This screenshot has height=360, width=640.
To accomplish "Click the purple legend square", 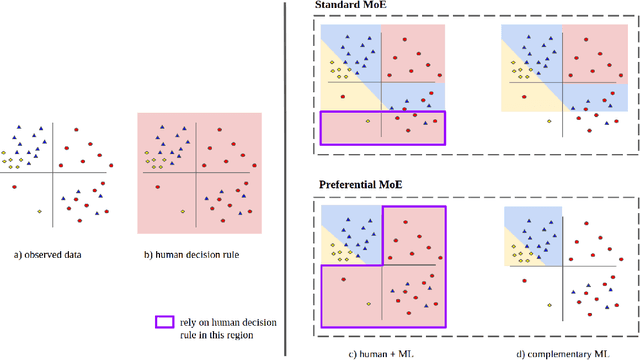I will point(161,322).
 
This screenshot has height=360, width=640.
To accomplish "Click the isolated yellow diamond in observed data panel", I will point(39,211).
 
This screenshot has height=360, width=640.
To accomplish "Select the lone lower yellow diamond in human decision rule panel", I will point(181,212).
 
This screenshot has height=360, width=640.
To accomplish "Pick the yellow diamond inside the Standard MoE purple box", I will point(367,121).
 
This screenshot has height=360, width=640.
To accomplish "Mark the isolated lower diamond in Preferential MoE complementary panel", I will point(547,303).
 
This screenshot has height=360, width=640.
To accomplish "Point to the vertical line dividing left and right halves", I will point(288,180).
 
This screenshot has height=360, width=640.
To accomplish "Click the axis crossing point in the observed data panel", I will point(53,166).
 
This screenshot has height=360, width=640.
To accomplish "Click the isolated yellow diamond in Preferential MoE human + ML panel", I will point(367,303).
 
